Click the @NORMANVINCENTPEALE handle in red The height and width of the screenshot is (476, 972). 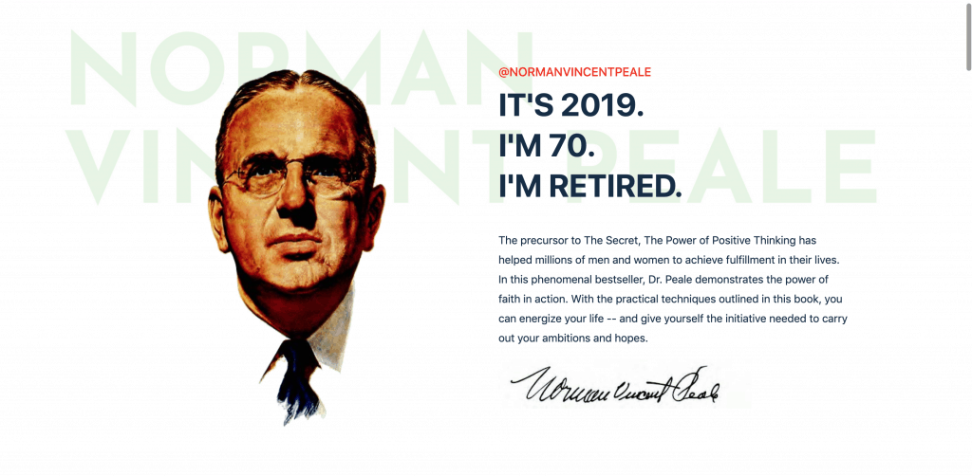[x=574, y=72]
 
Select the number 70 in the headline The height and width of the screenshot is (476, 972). [x=568, y=146]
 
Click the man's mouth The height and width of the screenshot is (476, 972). [x=296, y=240]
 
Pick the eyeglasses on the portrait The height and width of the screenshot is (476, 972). [x=290, y=176]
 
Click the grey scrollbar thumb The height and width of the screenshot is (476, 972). [x=968, y=36]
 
